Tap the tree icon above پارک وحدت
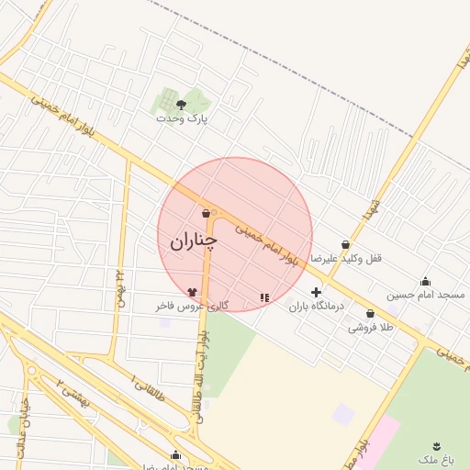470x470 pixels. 181,105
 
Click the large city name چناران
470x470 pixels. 194,241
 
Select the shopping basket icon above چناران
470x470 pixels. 206,214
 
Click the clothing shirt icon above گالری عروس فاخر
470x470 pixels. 191,291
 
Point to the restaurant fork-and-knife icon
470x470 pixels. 264,297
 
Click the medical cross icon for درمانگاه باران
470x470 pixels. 316,292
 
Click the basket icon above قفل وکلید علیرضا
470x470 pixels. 345,245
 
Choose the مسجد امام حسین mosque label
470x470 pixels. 425,295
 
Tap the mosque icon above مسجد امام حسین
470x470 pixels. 425,281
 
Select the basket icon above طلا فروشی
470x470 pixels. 370,313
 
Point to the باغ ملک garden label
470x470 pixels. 436,457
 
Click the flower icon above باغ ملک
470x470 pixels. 436,443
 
